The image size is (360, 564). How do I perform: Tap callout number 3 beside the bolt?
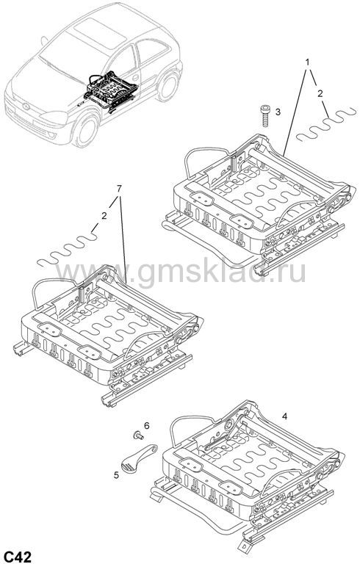(x=278, y=112)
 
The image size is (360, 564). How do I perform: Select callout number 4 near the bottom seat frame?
(x=285, y=416)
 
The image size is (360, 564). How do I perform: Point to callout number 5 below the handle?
(x=116, y=475)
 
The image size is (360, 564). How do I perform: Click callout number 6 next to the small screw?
(x=146, y=425)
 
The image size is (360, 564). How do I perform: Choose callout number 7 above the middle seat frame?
(x=119, y=188)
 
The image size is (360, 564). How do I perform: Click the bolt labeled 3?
(x=264, y=115)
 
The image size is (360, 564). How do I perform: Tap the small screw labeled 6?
(x=137, y=435)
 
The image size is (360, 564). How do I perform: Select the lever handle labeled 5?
(x=138, y=458)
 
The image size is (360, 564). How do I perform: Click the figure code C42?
(x=18, y=556)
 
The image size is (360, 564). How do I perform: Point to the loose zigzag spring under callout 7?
(x=68, y=248)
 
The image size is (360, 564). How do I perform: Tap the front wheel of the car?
(x=86, y=129)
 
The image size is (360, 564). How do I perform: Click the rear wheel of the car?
(x=168, y=87)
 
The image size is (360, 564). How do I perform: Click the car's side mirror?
(x=44, y=40)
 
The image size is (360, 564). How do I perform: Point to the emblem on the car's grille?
(x=26, y=106)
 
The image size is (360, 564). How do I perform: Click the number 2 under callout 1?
(x=320, y=94)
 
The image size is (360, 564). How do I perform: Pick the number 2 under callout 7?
(x=104, y=216)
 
